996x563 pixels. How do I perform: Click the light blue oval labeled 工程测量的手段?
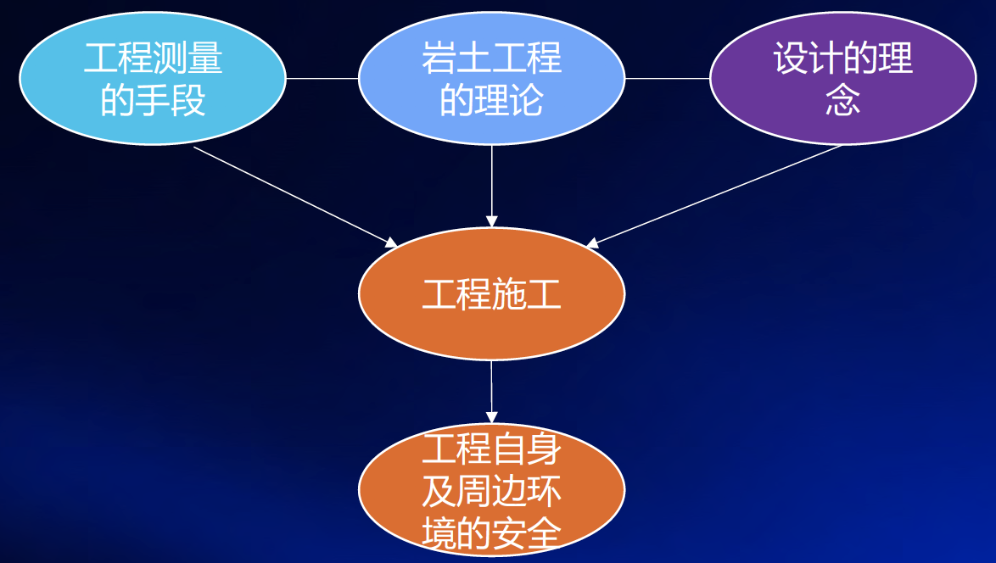tap(153, 79)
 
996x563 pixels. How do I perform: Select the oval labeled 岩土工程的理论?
tap(492, 79)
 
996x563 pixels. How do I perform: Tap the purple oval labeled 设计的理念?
tap(843, 79)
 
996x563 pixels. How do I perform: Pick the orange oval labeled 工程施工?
tap(492, 294)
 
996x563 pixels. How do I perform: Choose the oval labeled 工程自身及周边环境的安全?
tap(492, 490)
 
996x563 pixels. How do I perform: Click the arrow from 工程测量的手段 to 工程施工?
tap(295, 197)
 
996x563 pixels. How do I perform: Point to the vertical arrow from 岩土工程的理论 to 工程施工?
tap(492, 186)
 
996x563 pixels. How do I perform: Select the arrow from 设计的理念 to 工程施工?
tap(713, 196)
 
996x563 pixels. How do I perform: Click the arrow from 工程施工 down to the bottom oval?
tap(492, 392)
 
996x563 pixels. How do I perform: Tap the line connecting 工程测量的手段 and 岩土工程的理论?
tap(322, 79)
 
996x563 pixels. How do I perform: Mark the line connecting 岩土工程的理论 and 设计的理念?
tap(668, 79)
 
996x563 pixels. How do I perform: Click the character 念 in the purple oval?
tap(843, 100)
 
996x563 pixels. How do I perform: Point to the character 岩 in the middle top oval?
tap(439, 58)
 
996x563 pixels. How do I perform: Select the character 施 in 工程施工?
tap(509, 294)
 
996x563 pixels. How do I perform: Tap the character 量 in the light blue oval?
tap(204, 58)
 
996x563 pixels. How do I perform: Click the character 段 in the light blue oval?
tap(187, 100)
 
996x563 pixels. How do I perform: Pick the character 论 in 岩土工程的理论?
tap(527, 100)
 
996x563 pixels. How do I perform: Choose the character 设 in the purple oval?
tap(791, 58)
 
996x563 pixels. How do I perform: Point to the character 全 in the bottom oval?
tap(544, 533)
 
